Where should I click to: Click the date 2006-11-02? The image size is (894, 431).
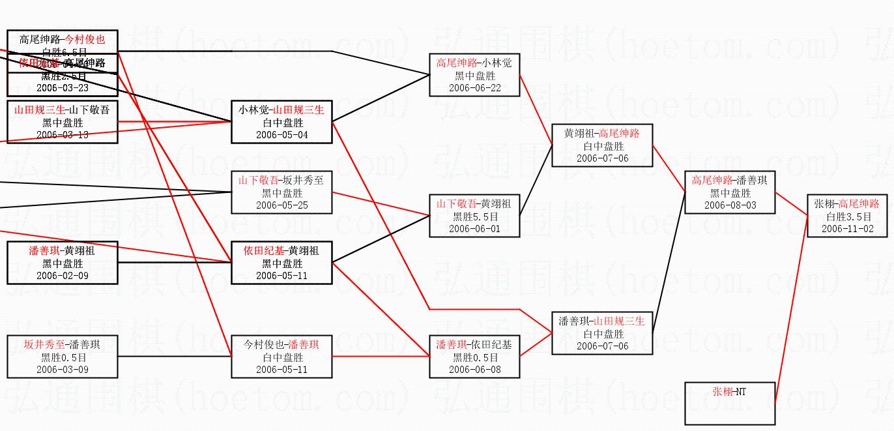[x=846, y=229]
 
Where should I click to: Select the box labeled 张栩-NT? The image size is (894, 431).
[x=730, y=403]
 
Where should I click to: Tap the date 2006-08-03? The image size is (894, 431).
[x=730, y=205]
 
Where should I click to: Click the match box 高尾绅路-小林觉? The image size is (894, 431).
[x=474, y=75]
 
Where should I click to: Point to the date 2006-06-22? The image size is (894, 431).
[x=474, y=88]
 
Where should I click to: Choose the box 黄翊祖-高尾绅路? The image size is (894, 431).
[x=602, y=145]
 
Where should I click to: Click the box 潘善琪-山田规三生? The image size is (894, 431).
[x=602, y=333]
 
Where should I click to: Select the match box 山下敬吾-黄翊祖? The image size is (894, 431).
[x=474, y=216]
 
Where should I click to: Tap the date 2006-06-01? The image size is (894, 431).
[x=474, y=229]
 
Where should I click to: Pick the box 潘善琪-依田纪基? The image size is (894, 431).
[x=474, y=357]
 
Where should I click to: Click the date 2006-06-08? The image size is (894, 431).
[x=474, y=370]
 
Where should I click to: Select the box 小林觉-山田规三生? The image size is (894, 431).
[x=281, y=122]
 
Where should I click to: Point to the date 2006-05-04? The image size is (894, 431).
[x=281, y=135]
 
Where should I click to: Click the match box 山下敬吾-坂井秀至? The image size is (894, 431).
[x=281, y=192]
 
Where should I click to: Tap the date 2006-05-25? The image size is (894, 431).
[x=281, y=205]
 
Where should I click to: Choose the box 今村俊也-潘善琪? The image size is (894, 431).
[x=281, y=357]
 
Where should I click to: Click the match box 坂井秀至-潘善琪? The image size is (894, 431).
[x=63, y=357]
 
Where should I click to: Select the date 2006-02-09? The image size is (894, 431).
[x=63, y=276]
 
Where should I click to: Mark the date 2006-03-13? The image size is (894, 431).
[x=63, y=135]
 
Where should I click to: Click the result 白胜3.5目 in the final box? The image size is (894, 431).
[x=846, y=216]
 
